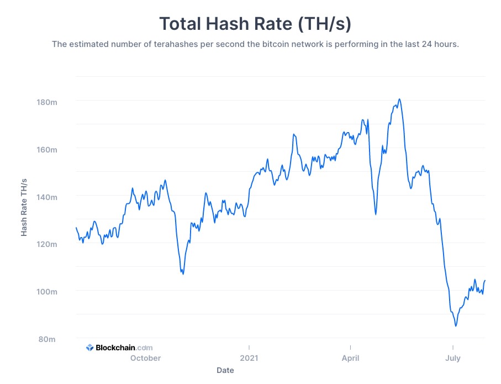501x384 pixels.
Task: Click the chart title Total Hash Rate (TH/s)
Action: tap(255, 24)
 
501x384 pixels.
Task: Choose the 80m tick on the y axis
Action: tap(48, 339)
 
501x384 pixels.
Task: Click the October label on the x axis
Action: tap(145, 358)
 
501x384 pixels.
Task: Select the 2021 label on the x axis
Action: tap(249, 358)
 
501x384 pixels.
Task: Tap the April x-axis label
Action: tap(350, 358)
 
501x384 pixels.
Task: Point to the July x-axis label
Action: tap(452, 358)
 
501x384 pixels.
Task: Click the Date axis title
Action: tap(225, 370)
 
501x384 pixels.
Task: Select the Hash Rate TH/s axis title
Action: tap(24, 207)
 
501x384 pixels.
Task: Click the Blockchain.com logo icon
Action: tap(89, 348)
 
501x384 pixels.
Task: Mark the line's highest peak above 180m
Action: tap(399, 99)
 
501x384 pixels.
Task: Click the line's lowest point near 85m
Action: tap(456, 326)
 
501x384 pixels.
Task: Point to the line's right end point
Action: tap(485, 281)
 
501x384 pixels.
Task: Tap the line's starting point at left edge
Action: tap(76, 228)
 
